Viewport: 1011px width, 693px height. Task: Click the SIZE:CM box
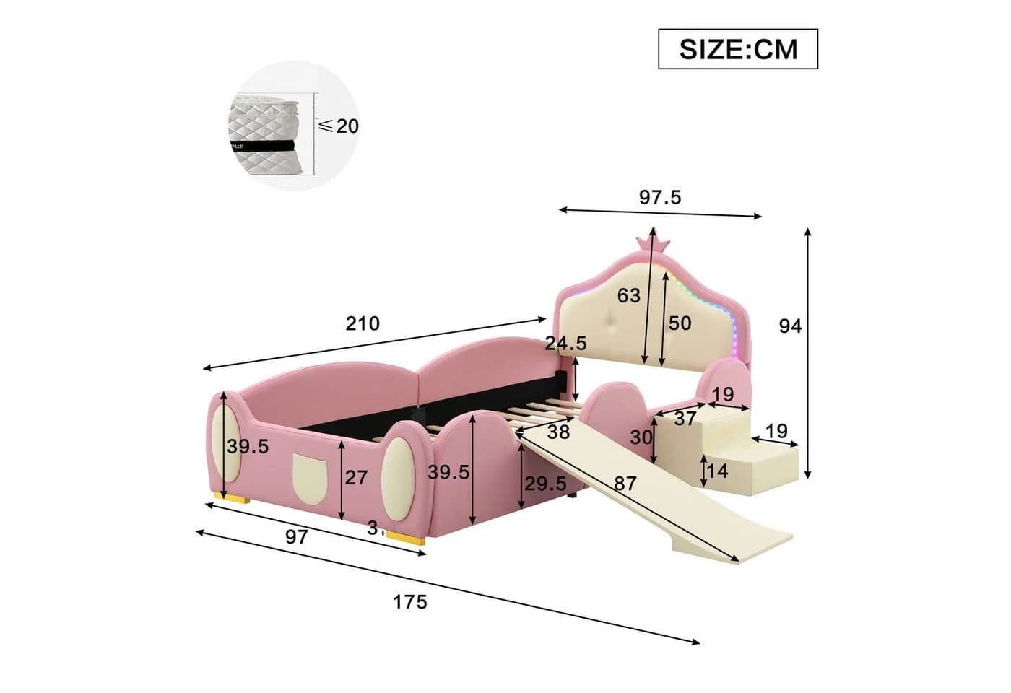[x=738, y=49]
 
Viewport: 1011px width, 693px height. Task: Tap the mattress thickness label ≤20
[x=339, y=126]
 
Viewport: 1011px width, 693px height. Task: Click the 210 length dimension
[x=363, y=323]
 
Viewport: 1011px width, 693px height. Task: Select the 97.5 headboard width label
[x=660, y=197]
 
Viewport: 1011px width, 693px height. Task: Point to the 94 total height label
[x=790, y=326]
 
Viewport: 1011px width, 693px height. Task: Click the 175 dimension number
[x=410, y=602]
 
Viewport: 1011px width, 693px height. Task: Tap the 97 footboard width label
[x=297, y=537]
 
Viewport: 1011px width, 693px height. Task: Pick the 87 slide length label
[x=625, y=484]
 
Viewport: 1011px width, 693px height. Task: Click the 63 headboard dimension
[x=629, y=295]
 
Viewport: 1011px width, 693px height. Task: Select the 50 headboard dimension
[x=680, y=323]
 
